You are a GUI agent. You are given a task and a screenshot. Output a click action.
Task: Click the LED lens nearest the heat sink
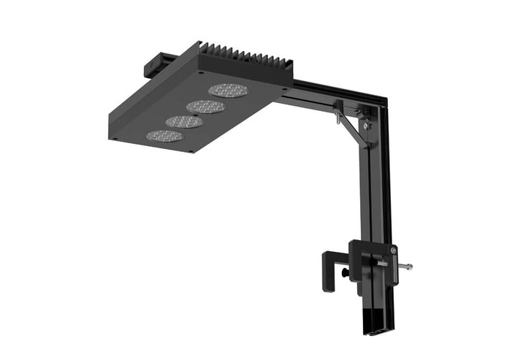pyautogui.click(x=227, y=91)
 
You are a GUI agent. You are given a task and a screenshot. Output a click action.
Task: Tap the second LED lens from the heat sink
pyautogui.click(x=205, y=107)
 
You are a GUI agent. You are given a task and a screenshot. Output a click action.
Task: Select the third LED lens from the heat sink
pyautogui.click(x=185, y=121)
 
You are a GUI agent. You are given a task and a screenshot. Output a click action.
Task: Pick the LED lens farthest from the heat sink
pyautogui.click(x=164, y=136)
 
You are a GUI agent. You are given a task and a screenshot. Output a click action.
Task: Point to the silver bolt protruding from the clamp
pyautogui.click(x=404, y=267)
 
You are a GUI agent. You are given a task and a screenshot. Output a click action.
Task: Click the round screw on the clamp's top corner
pyautogui.click(x=392, y=248)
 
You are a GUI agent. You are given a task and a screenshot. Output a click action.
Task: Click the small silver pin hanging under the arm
pyautogui.click(x=337, y=116)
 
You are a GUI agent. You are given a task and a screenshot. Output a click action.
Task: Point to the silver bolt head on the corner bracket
pyautogui.click(x=367, y=126)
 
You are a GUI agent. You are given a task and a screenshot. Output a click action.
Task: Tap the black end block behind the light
pyautogui.click(x=156, y=64)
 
